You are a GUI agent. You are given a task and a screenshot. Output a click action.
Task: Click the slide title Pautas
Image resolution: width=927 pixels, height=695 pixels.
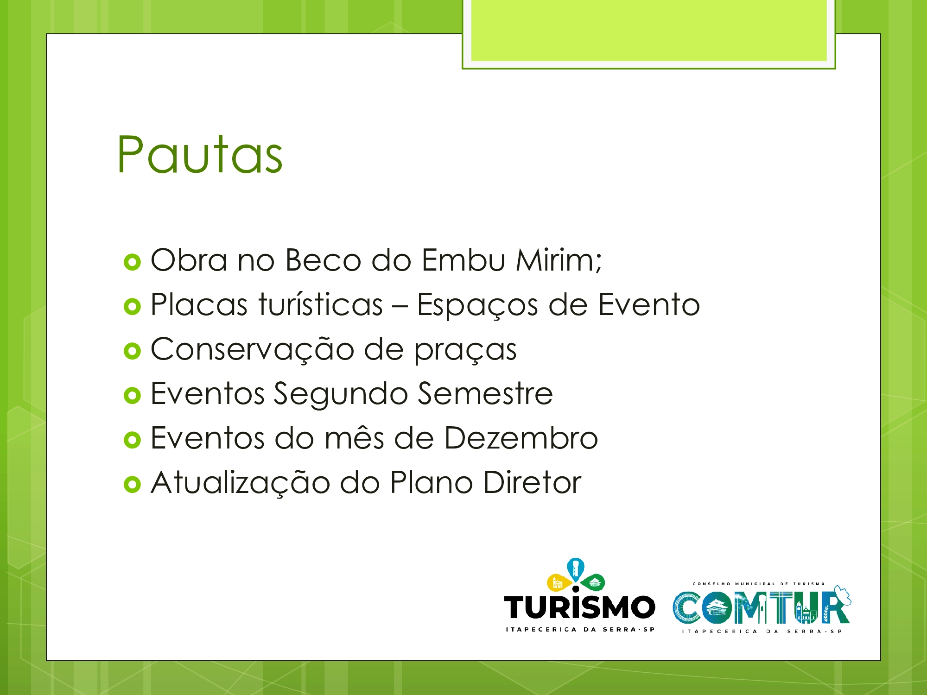(x=200, y=155)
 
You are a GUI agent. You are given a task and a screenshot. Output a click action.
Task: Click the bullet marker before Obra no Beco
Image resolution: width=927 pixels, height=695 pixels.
(x=132, y=262)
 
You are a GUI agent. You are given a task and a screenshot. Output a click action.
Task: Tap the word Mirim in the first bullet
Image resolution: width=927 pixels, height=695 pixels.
(x=559, y=260)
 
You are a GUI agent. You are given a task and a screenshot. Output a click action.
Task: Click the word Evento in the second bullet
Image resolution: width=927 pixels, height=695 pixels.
(x=649, y=305)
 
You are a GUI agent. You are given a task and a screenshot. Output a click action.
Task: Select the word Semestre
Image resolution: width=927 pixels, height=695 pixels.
(x=485, y=394)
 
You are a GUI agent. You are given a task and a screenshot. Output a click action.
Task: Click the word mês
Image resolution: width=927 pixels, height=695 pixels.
(x=354, y=438)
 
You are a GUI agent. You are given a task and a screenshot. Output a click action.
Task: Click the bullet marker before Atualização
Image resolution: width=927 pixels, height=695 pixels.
(x=132, y=485)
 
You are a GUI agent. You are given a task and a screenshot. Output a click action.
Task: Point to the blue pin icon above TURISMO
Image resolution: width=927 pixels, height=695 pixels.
(x=576, y=569)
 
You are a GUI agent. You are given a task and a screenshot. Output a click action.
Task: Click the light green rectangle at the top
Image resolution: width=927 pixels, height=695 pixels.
(x=649, y=31)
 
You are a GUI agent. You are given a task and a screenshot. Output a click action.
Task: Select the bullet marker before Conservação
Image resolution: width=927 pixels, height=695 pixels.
(x=132, y=351)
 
